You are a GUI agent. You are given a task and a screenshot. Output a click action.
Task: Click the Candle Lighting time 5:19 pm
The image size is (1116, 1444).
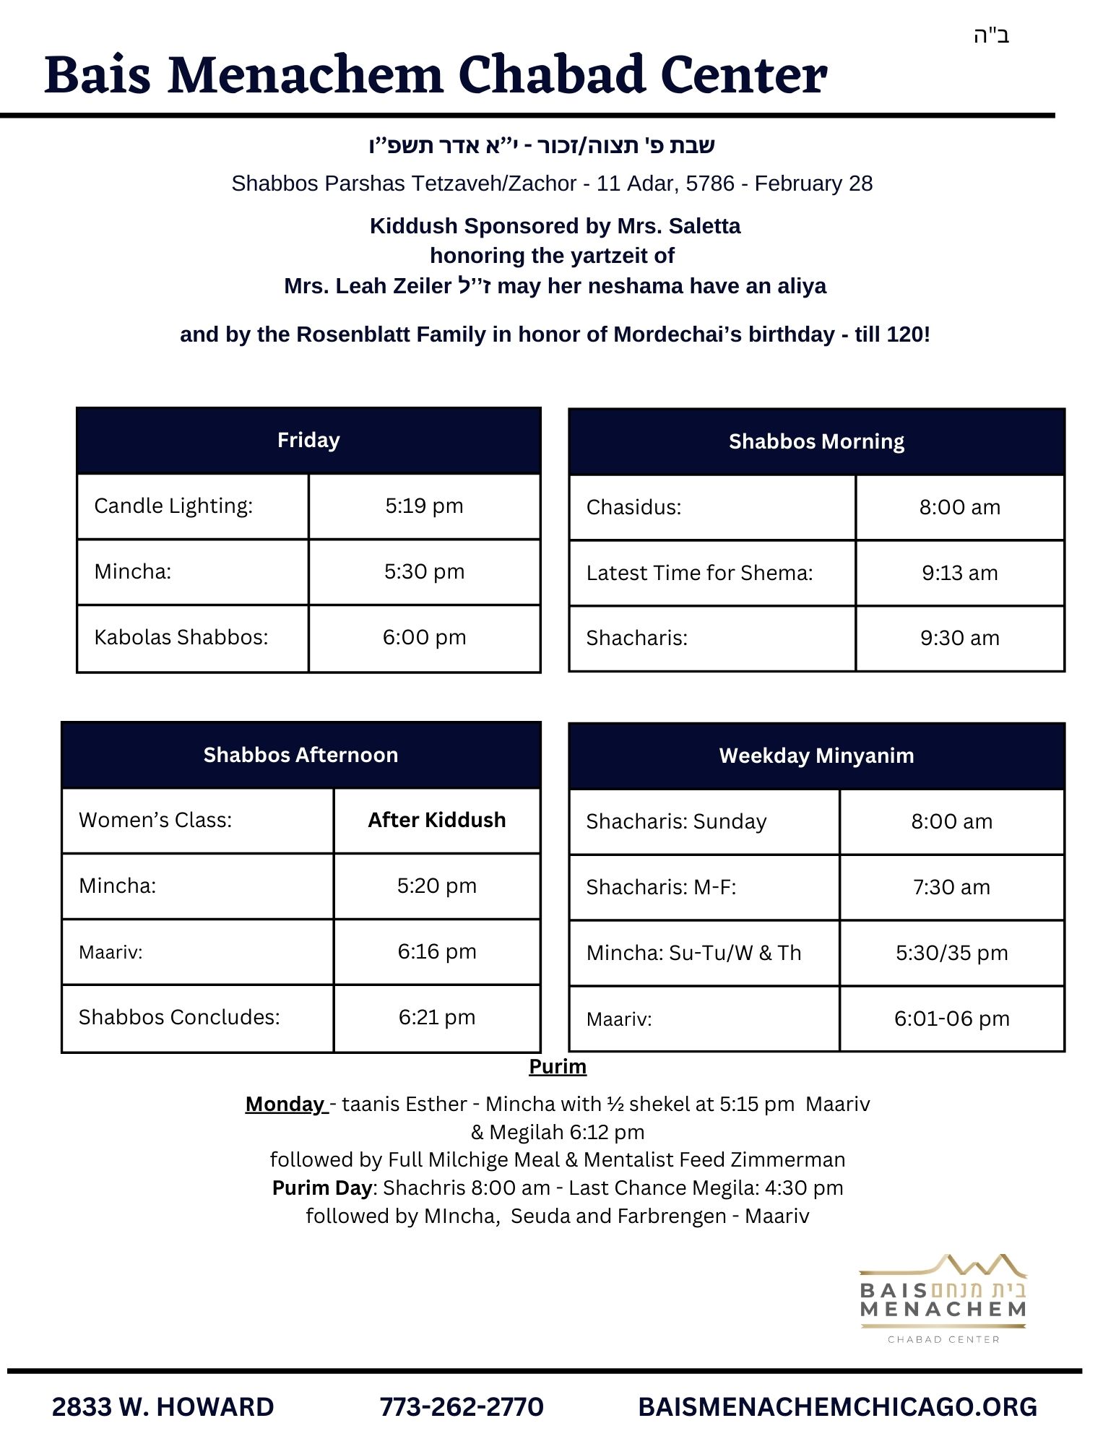coord(424,506)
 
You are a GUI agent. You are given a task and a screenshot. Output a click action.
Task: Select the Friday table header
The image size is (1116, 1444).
coord(308,440)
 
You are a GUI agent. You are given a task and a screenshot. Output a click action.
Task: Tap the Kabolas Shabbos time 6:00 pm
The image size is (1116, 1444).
coord(424,637)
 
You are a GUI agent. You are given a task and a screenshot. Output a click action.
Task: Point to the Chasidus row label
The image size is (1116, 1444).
coord(633,507)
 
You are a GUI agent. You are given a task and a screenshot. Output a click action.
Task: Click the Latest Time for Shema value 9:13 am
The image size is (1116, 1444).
coord(959,573)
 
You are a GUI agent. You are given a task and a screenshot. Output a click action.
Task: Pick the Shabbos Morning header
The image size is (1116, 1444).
coord(816,441)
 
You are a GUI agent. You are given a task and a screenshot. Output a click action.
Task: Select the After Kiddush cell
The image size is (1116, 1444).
coord(436,820)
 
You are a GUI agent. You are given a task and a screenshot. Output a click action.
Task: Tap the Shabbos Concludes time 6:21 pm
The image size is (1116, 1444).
coord(436,1017)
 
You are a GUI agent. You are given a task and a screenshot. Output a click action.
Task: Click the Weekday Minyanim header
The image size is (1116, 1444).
coord(816,756)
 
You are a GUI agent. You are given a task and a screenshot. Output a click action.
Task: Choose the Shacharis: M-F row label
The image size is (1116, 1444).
coord(661,887)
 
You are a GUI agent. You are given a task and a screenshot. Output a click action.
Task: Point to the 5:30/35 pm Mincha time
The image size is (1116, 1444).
coord(951,953)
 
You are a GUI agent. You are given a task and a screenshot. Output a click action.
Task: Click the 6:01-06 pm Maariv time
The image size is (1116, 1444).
coord(951,1019)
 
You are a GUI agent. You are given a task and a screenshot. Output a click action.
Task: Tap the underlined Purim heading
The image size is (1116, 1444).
coord(558,1066)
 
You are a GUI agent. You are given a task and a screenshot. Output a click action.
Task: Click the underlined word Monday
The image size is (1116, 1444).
coord(285,1104)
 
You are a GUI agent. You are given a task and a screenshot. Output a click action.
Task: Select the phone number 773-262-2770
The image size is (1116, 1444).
coord(462,1406)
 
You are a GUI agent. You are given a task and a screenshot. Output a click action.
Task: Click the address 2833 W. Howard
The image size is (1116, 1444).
coord(163,1406)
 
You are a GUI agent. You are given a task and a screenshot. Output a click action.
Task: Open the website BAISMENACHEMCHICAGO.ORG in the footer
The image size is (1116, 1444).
coord(837,1406)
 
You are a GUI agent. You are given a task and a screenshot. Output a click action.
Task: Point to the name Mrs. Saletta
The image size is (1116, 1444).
coord(679,226)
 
